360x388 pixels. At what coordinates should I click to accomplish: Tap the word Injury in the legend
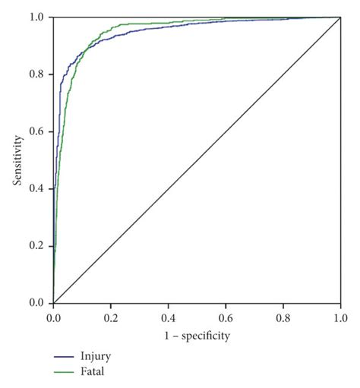tap(92, 355)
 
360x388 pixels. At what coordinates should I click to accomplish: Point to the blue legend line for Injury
tap(65, 355)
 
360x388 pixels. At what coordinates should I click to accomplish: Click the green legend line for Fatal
tap(65, 371)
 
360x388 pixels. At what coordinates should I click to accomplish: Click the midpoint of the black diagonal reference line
tap(196, 160)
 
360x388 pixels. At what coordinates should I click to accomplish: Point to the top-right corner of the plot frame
tap(339, 17)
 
